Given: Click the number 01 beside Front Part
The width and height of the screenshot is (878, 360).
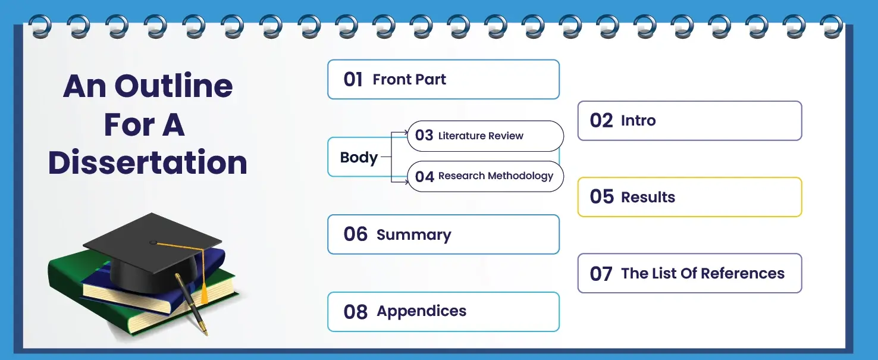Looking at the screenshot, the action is [x=353, y=79].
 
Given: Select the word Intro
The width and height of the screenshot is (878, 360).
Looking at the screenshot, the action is [x=638, y=120].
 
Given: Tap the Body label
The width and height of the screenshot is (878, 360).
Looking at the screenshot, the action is [x=359, y=158].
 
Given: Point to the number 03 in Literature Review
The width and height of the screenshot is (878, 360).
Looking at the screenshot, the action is [x=424, y=135].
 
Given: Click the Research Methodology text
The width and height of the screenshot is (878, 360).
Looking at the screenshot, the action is [x=496, y=176].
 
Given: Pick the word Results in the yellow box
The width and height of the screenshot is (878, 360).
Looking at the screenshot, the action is [x=648, y=197].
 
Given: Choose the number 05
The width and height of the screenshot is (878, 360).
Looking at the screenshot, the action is [x=601, y=196].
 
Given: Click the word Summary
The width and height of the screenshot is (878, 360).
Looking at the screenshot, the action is [x=413, y=235].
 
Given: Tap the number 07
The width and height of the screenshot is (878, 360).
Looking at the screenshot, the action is [x=601, y=274].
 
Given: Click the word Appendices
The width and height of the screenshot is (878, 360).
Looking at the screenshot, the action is [x=421, y=311].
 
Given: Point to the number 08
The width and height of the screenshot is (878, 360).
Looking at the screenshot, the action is [x=356, y=312].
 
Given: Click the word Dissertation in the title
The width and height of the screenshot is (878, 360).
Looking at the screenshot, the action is [x=148, y=162].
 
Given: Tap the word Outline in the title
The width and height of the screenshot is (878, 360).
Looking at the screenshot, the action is [x=174, y=86].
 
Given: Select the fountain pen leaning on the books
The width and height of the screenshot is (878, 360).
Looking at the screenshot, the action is [x=192, y=304].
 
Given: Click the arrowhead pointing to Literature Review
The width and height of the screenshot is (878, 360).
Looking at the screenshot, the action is [x=406, y=133].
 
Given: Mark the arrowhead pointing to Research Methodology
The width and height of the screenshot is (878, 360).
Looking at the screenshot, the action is [x=406, y=181].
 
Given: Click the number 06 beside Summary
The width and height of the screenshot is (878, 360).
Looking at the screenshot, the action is [x=356, y=234].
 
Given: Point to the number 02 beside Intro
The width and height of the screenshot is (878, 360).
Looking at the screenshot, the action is [x=601, y=120].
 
